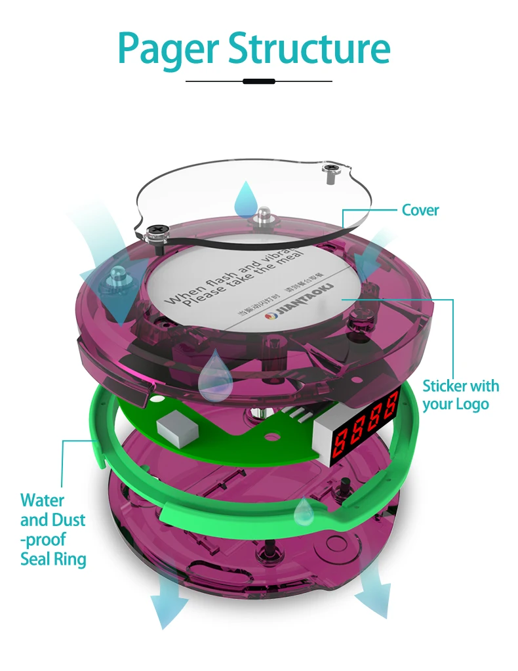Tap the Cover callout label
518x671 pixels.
pos(420,210)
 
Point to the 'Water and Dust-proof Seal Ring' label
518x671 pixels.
pos(53,529)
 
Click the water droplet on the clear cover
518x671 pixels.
pos(247,195)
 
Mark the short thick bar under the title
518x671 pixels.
pos(258,81)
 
